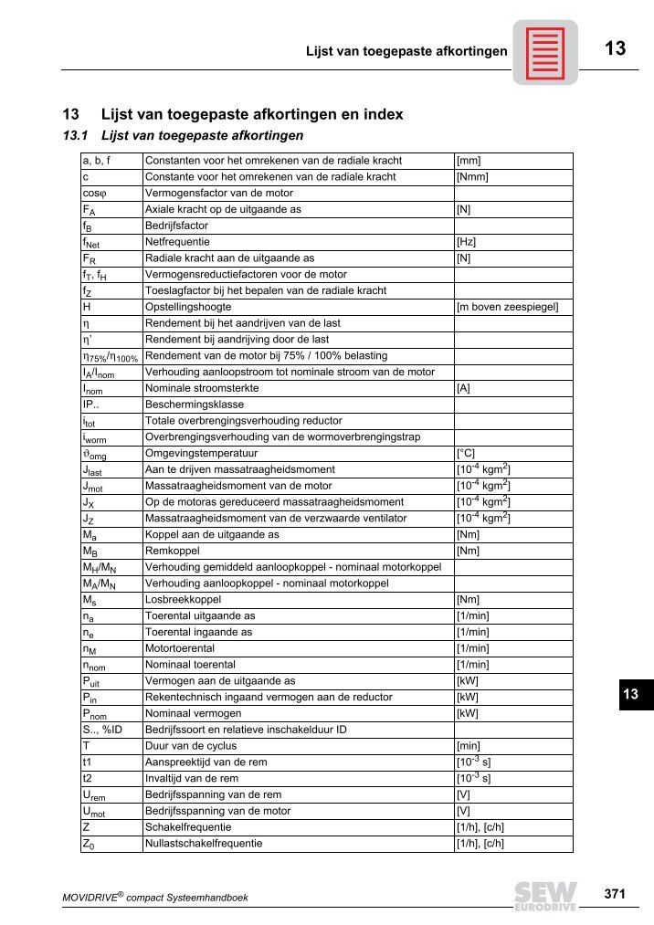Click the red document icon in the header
coord(544,52)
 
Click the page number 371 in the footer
coord(615,895)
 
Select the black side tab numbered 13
coord(630,695)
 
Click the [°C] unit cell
coord(466,453)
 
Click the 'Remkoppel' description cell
coord(172,551)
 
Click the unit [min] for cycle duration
coord(469,745)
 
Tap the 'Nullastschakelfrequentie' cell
coord(204,843)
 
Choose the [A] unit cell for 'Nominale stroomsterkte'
coord(463,388)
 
